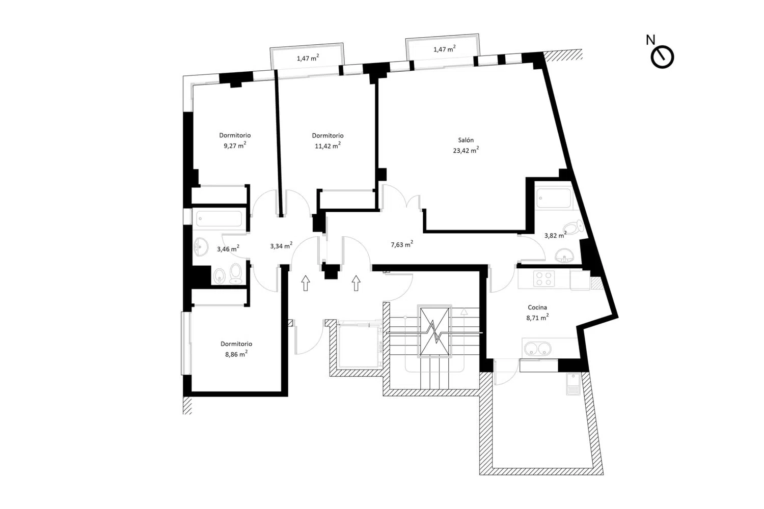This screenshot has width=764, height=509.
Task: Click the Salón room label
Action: point(466,140)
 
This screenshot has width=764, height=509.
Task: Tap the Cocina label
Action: point(537,307)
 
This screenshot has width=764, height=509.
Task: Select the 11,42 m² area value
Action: point(328,146)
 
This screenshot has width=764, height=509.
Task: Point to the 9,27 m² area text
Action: point(235,146)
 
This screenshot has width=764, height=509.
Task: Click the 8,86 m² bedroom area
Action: point(236,354)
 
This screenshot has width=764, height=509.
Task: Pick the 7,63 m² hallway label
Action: point(402,244)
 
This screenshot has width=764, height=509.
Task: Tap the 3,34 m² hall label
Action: point(281,246)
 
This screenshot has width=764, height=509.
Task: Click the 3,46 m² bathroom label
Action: point(228,249)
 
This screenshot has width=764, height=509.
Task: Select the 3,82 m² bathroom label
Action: point(555,235)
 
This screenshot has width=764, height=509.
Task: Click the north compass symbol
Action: point(662,58)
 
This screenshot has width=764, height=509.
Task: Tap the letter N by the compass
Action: point(650,40)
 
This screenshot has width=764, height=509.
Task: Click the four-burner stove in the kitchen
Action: point(544,278)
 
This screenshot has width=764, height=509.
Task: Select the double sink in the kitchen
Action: point(537,349)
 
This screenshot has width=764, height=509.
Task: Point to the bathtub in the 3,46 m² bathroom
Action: point(220,218)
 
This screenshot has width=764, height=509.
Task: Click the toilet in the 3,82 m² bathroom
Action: point(574,227)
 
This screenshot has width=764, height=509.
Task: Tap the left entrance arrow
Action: point(306,283)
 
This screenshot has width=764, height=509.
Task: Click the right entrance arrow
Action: point(356,283)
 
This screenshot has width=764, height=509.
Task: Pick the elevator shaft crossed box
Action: point(434,331)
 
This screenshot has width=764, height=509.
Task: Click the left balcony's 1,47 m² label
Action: point(308,58)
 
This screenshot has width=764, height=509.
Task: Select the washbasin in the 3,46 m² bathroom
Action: point(201,247)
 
